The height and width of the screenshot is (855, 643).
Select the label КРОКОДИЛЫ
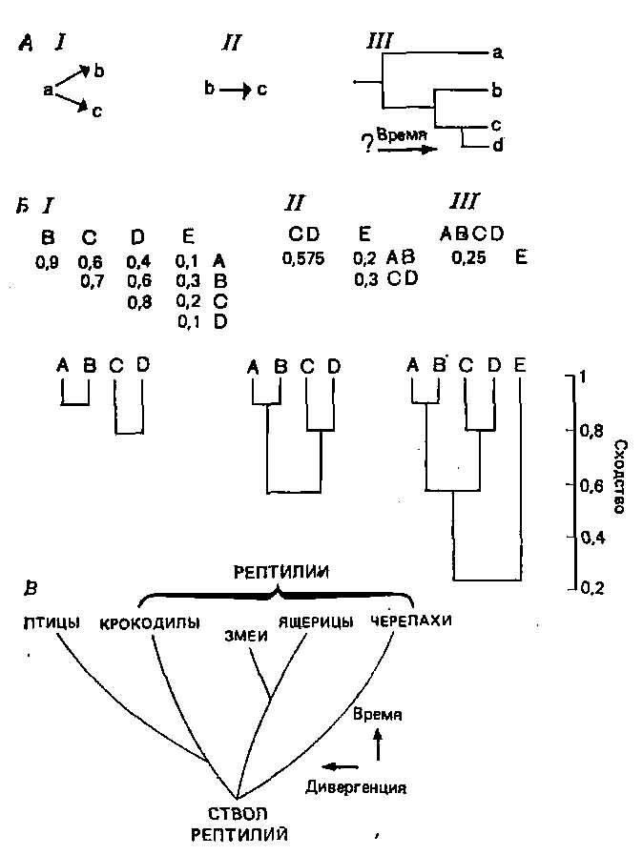click(149, 624)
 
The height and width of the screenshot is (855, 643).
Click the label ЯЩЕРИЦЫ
click(316, 622)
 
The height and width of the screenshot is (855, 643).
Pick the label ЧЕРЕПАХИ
click(411, 621)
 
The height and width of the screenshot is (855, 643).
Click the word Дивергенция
click(357, 787)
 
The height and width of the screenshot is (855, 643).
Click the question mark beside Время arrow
click(364, 144)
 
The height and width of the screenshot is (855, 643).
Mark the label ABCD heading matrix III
click(471, 233)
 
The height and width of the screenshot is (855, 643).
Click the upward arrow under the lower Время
click(379, 745)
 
